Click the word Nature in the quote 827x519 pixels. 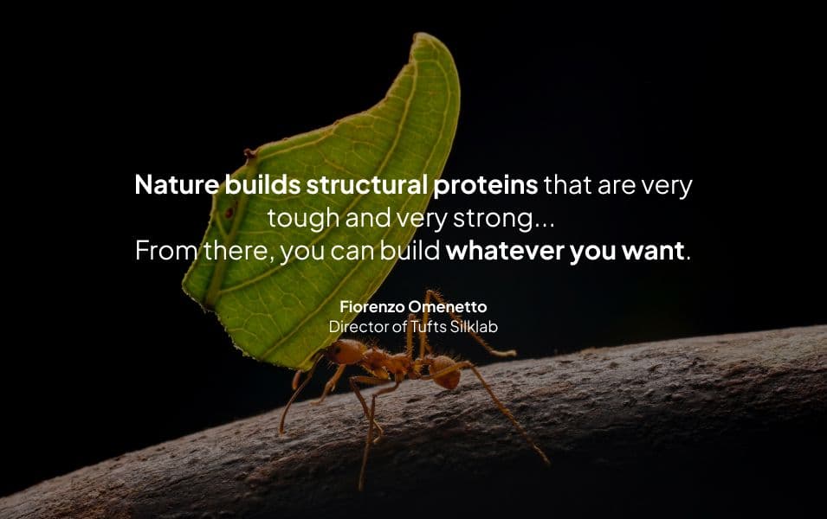177,185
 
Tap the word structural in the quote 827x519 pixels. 366,185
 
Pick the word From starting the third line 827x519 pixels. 166,250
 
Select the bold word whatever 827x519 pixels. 505,250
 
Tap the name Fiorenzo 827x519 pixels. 372,307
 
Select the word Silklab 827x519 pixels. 474,327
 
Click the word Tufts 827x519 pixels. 429,327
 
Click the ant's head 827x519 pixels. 346,352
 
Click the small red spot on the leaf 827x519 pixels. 229,213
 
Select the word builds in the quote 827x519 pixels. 262,185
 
